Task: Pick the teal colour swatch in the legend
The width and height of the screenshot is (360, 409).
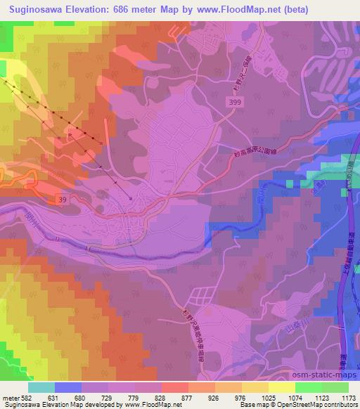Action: point(41,387)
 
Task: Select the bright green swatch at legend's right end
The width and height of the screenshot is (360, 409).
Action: point(335,387)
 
